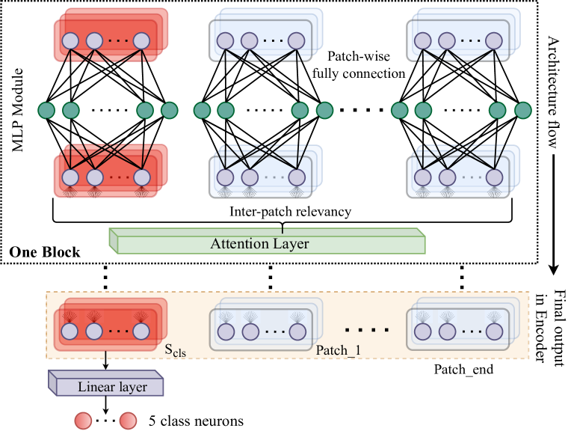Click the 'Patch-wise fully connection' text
point(365,65)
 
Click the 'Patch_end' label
point(463,369)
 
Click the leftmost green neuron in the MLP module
point(47,111)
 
